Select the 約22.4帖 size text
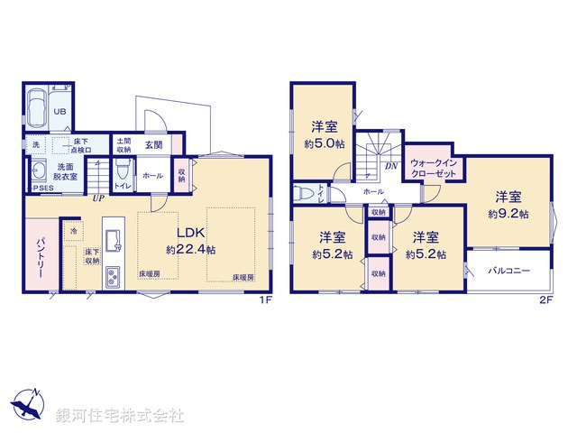(190, 248)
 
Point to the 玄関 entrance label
(152, 144)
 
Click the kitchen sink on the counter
(113, 239)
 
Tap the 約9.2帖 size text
(508, 214)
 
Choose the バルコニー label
(508, 271)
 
